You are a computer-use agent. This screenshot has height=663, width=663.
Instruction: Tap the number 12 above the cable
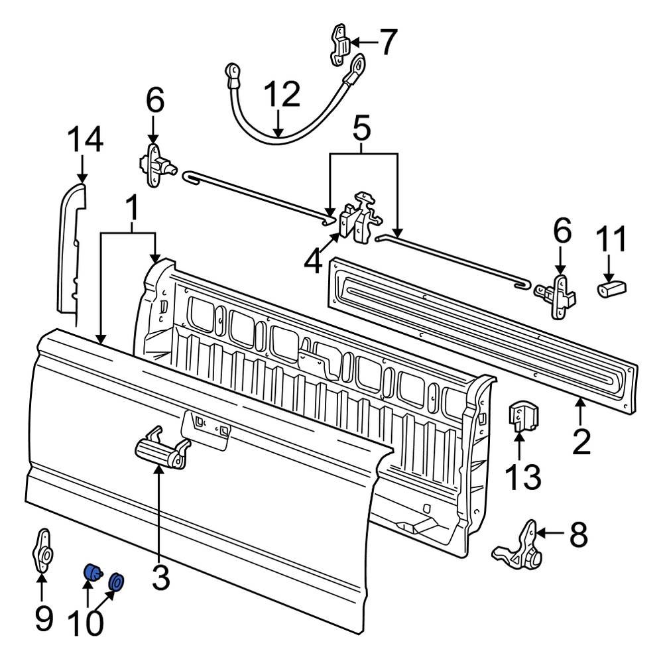[x=281, y=96]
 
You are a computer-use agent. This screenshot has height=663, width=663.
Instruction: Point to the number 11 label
[x=611, y=240]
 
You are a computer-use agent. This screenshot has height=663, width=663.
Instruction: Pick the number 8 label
[x=578, y=534]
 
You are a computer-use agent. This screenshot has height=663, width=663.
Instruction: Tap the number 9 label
[x=42, y=619]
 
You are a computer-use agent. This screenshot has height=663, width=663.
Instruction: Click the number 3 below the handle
[x=160, y=577]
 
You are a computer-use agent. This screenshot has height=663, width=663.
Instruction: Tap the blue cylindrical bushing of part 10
[x=91, y=572]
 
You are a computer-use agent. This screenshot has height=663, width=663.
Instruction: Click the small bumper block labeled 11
[x=614, y=289]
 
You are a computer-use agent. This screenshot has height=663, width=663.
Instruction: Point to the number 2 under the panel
[x=581, y=442]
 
